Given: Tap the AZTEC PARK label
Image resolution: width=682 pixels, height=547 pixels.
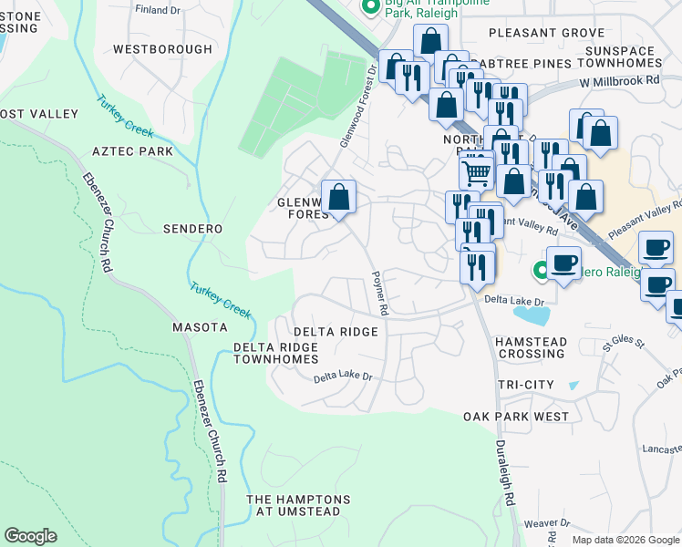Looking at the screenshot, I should pyautogui.click(x=131, y=150).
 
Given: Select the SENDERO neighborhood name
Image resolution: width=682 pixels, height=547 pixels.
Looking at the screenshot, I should pyautogui.click(x=193, y=227).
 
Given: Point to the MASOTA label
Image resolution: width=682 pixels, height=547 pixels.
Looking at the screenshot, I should pyautogui.click(x=200, y=326).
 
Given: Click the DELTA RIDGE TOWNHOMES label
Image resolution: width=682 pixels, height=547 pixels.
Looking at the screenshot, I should pyautogui.click(x=275, y=354).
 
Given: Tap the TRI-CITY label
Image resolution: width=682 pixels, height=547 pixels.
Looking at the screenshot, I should pyautogui.click(x=526, y=386).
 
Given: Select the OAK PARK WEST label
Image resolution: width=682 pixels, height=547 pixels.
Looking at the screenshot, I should pyautogui.click(x=516, y=417).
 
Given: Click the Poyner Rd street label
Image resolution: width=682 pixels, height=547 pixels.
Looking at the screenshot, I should pyautogui.click(x=380, y=293).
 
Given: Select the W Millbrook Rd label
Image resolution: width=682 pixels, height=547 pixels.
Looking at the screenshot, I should pyautogui.click(x=619, y=81).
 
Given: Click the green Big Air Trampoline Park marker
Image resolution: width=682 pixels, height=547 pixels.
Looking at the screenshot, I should pyautogui.click(x=371, y=6).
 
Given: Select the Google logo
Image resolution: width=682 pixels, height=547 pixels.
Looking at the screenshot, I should pyautogui.click(x=31, y=536).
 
